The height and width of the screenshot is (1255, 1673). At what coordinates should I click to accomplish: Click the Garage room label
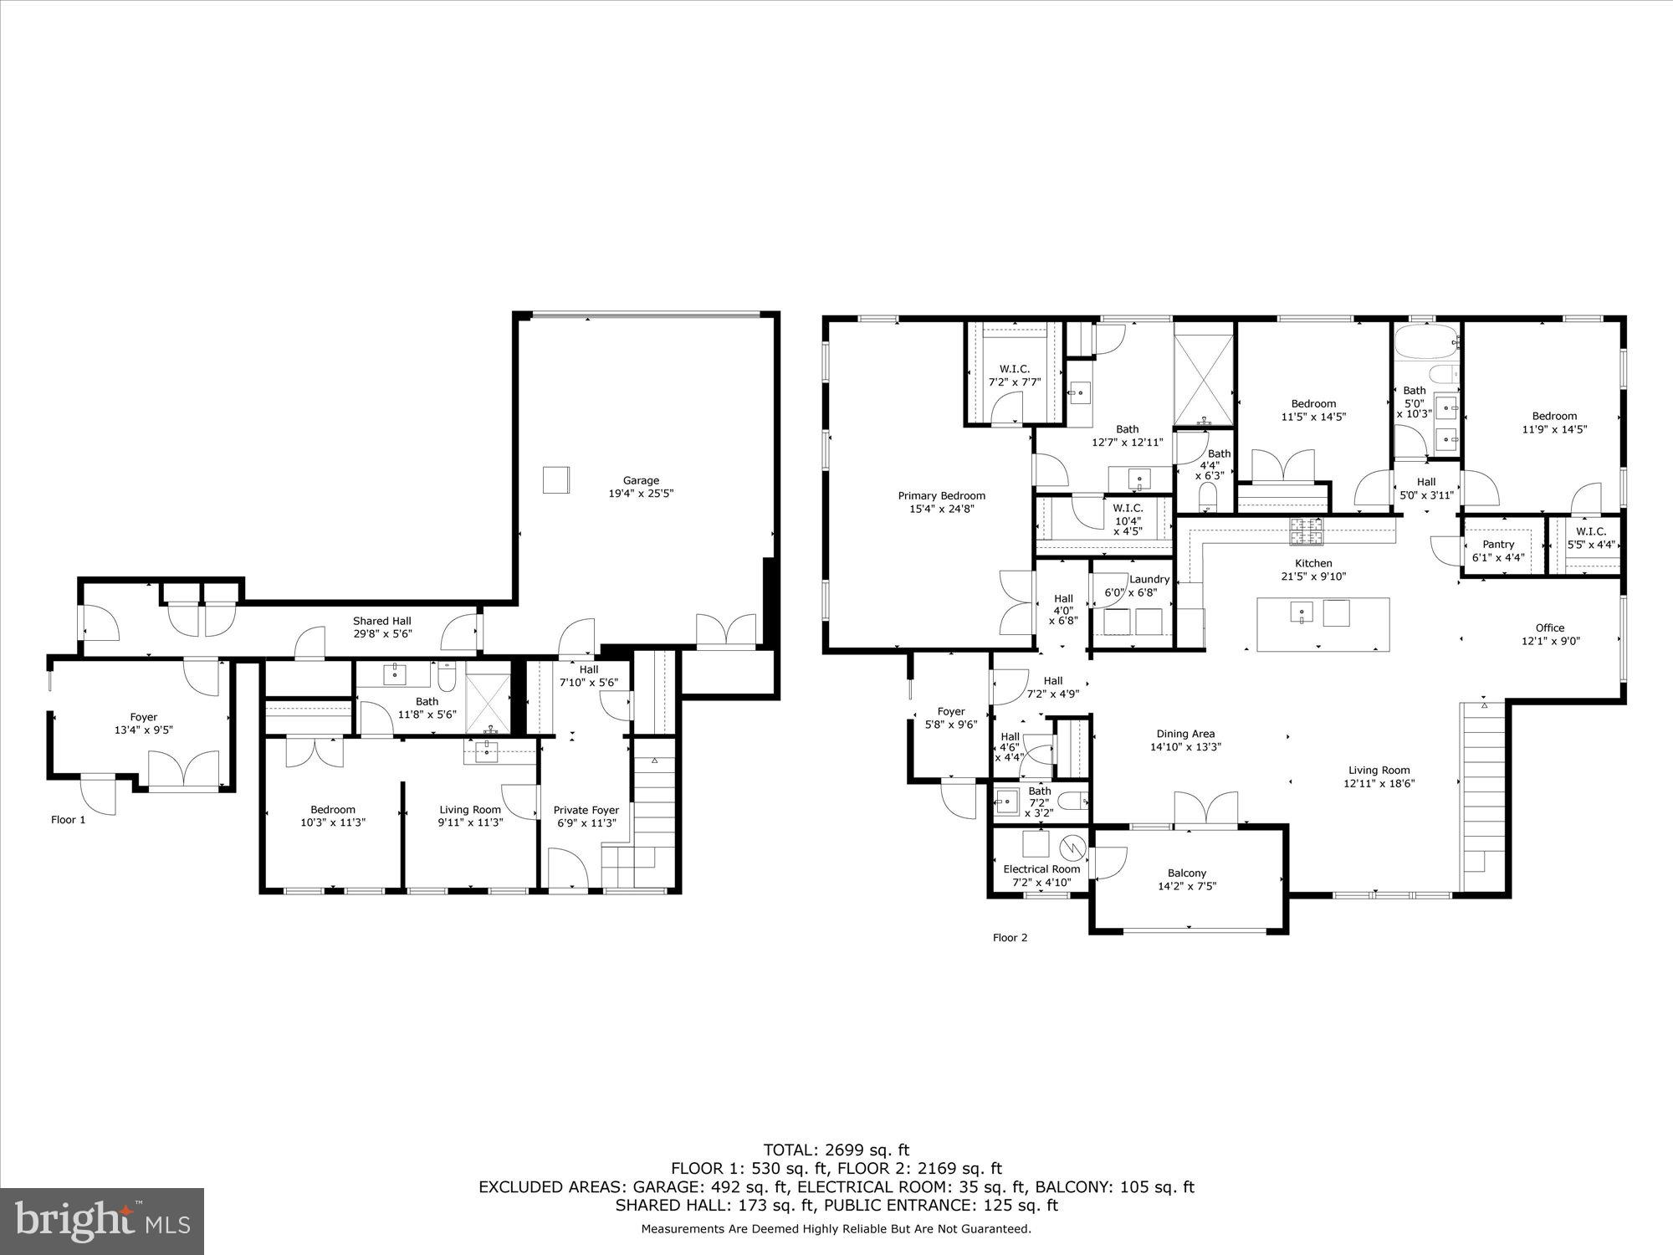[x=641, y=480]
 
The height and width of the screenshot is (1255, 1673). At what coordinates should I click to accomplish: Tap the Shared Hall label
[x=382, y=621]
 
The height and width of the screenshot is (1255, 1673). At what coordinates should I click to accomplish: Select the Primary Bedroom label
[x=942, y=495]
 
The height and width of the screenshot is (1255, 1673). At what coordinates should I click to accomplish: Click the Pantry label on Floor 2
[x=1498, y=544]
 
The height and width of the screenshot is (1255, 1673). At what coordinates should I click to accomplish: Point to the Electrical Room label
[x=1041, y=868]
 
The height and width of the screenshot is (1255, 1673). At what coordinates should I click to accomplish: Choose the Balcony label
[x=1187, y=873]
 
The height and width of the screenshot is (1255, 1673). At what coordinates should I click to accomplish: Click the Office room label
[x=1550, y=627]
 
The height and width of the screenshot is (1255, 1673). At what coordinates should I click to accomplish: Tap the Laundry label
[x=1149, y=579]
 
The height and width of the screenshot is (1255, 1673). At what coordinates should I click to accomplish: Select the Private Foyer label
[x=586, y=810]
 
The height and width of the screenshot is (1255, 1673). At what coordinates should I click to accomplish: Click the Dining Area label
[x=1185, y=734]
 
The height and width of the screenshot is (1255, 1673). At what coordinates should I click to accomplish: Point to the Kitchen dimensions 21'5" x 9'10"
[x=1313, y=576]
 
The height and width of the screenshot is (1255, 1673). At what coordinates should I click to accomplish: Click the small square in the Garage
[x=556, y=480]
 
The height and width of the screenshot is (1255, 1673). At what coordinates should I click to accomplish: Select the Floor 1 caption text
[x=68, y=820]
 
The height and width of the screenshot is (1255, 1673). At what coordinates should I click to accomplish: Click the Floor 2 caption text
[x=1010, y=937]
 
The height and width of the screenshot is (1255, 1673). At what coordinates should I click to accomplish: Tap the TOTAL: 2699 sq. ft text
[x=836, y=1150]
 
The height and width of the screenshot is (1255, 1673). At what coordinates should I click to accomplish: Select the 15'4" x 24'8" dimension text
[x=942, y=509]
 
